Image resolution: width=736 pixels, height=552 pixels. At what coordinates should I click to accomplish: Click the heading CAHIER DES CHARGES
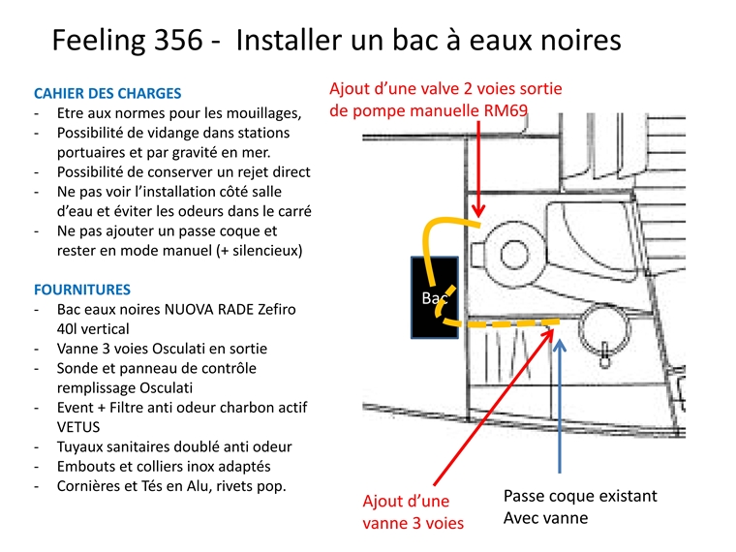point(107,94)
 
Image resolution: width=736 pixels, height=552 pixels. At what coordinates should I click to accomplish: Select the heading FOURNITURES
point(82,290)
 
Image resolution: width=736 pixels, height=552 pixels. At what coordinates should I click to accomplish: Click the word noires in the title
point(571,41)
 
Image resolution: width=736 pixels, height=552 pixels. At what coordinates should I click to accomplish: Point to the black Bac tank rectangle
point(433,297)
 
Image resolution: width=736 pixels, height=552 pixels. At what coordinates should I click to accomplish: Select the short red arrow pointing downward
point(478,165)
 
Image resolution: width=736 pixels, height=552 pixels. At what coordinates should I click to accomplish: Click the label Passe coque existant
point(580,496)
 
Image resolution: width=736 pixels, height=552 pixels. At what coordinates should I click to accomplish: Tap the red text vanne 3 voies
point(413,523)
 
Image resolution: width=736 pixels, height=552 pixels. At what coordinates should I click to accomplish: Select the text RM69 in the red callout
point(505,110)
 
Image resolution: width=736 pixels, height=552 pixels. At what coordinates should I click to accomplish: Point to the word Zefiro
point(273,309)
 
